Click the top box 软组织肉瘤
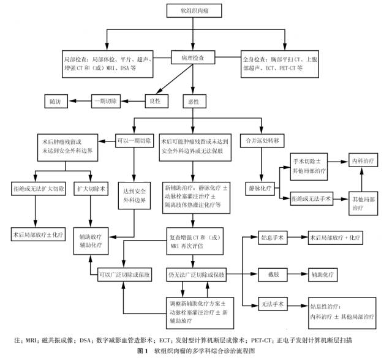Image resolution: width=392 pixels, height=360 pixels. point(192,10)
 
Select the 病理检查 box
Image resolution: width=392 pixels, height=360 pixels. point(192,58)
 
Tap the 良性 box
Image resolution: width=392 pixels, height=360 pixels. point(155,100)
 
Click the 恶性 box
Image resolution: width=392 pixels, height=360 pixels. point(192,100)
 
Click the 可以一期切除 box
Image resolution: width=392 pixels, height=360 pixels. point(134,141)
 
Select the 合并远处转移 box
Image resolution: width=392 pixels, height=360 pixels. point(262,141)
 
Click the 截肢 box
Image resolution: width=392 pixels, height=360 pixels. point(269,274)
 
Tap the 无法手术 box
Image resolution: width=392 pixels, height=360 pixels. point(269,305)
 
